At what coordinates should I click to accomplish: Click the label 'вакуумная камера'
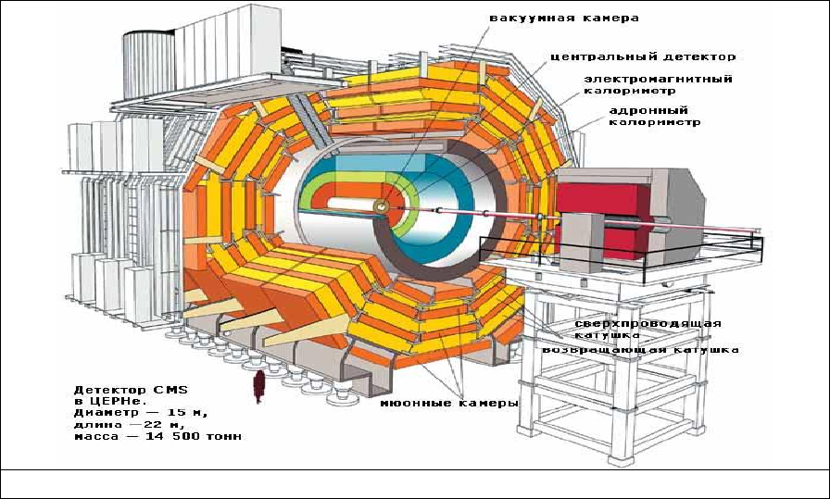point(564,18)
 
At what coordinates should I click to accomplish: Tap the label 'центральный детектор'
point(643,56)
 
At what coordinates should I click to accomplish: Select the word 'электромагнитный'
point(658,79)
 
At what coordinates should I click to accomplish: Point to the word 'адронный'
point(648,110)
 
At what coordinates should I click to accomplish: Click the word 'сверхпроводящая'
point(648,323)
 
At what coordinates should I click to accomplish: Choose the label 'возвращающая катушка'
point(640,350)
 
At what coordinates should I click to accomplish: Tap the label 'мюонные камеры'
point(449,404)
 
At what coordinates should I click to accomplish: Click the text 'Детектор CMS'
point(131,390)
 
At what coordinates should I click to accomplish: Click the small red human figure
point(258,387)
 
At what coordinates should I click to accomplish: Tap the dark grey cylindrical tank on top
point(149,64)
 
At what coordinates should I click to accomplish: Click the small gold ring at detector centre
point(381,206)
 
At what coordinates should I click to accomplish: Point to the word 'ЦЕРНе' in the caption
point(112,401)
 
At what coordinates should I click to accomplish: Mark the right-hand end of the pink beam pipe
point(761,231)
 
